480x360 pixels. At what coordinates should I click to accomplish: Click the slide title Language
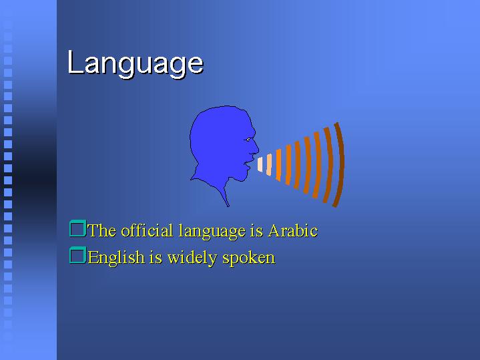coord(136,63)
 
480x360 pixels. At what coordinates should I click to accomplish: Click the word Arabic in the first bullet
coord(293,230)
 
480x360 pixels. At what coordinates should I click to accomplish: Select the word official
coord(147,230)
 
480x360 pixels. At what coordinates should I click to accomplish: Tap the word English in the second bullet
coord(116,257)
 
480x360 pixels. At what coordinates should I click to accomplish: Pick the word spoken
coord(249,258)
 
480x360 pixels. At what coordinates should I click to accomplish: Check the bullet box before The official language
coord(77,228)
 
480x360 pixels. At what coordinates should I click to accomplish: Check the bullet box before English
coord(77,255)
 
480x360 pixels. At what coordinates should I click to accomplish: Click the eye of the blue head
coord(248,140)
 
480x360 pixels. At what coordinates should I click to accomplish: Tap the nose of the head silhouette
coord(256,149)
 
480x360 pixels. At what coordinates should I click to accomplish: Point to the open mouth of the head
coord(248,163)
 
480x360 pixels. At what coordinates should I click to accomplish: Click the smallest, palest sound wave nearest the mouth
coord(260,164)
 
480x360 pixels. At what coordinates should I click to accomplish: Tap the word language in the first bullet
coord(212,231)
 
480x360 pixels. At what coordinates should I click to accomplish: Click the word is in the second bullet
coord(156,257)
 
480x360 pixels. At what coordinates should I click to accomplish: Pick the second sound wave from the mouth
coord(269,165)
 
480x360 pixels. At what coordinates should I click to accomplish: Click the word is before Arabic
coord(256,230)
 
